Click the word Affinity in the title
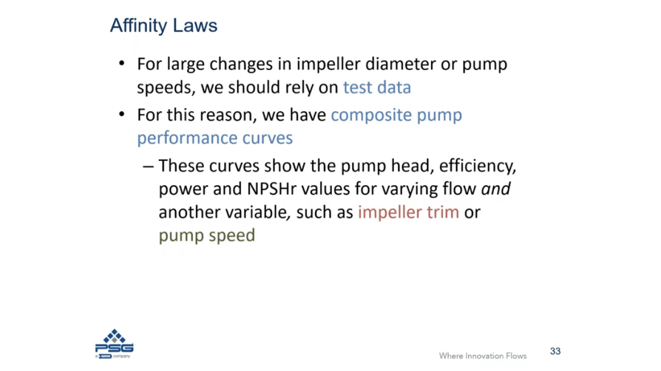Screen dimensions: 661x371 click(x=139, y=26)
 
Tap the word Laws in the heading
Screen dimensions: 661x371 click(x=195, y=25)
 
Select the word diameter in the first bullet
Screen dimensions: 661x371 click(x=400, y=64)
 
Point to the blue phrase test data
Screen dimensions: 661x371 click(x=377, y=87)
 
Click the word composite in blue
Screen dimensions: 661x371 click(x=371, y=115)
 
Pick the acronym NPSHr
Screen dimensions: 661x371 click(x=271, y=188)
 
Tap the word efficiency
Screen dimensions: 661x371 click(x=477, y=166)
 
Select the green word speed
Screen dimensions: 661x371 click(x=232, y=236)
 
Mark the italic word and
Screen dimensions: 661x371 click(x=496, y=188)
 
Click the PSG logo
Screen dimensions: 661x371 click(x=114, y=344)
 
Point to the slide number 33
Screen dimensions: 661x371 click(x=555, y=351)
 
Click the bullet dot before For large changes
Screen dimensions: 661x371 click(x=122, y=63)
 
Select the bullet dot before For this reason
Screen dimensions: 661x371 click(x=122, y=114)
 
